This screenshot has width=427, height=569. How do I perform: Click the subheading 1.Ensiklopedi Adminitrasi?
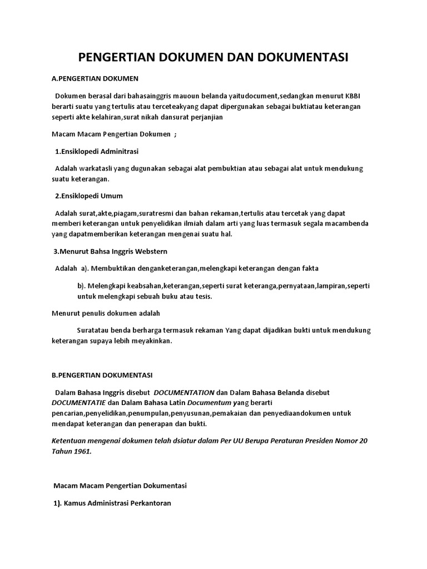(x=97, y=151)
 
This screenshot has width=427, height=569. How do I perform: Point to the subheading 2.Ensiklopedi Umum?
(x=89, y=196)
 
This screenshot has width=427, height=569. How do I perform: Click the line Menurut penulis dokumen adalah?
(x=106, y=313)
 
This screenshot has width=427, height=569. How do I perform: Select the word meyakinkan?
(x=152, y=341)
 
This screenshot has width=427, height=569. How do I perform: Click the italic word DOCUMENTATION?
(x=184, y=392)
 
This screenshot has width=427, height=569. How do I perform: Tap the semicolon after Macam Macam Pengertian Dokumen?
(x=176, y=134)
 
